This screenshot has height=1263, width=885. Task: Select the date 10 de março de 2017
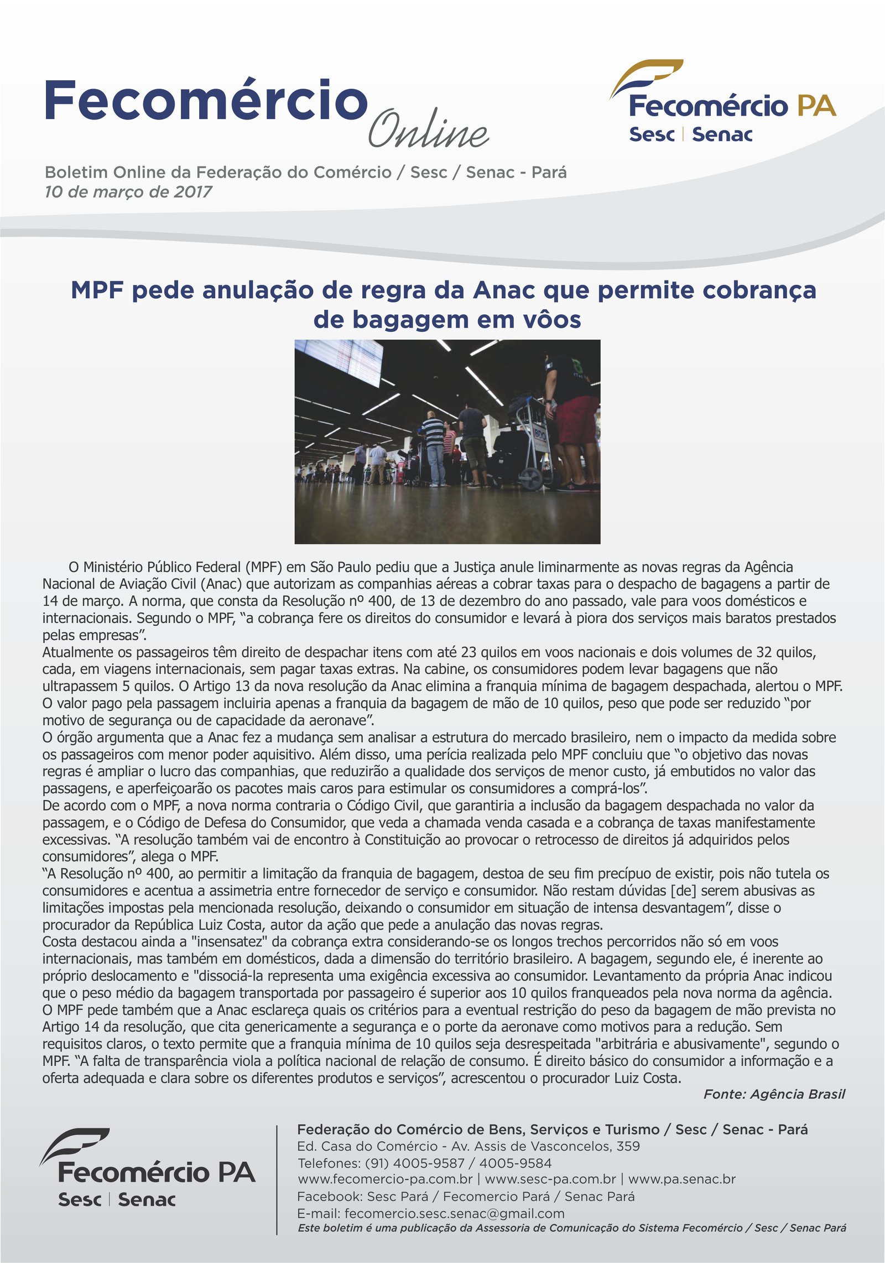pyautogui.click(x=128, y=192)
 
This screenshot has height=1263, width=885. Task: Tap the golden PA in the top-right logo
pyautogui.click(x=816, y=105)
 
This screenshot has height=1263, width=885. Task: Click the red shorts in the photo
pyautogui.click(x=575, y=420)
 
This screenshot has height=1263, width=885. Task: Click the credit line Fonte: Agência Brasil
pyautogui.click(x=774, y=1094)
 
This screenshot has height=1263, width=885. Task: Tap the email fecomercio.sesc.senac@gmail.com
pyautogui.click(x=454, y=1214)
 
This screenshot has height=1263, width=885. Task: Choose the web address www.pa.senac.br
pyautogui.click(x=681, y=1179)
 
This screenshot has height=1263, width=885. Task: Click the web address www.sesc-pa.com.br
pyautogui.click(x=550, y=1179)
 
